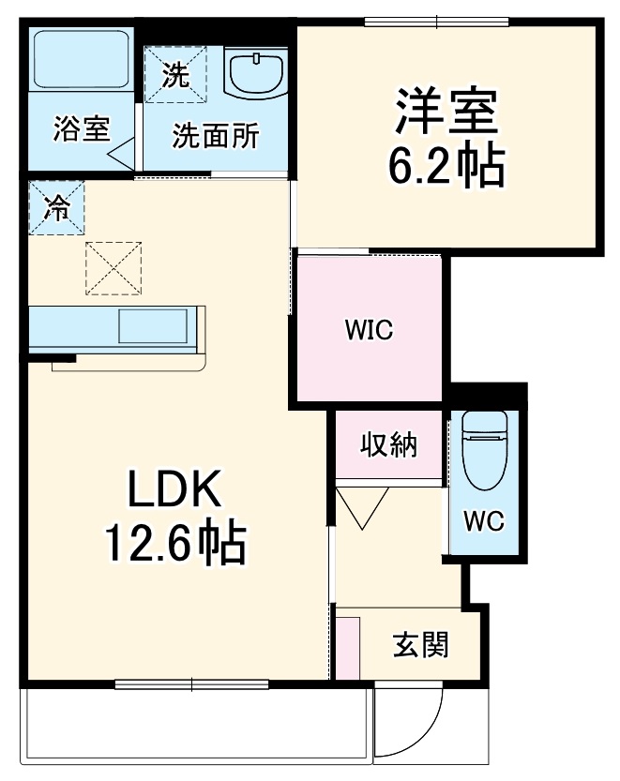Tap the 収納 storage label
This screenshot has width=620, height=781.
(389, 446)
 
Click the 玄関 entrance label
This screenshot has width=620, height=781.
(420, 645)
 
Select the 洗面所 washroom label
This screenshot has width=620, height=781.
(215, 136)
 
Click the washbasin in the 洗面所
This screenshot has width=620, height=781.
(256, 73)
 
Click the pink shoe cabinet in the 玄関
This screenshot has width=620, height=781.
(347, 646)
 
